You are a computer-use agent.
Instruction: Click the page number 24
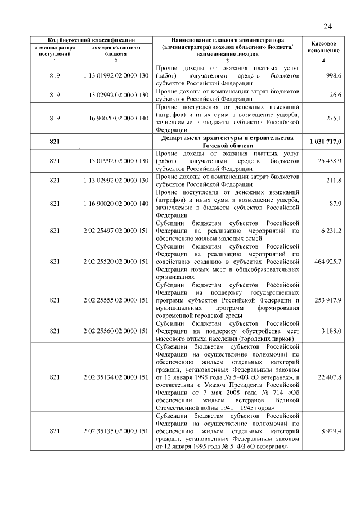(328, 26)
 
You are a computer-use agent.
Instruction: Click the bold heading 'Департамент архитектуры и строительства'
(227, 138)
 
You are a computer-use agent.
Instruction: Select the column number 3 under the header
(227, 60)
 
